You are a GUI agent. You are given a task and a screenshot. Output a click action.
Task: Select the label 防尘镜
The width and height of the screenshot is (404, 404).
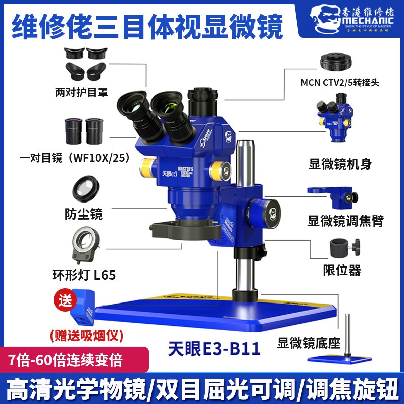coord(84,214)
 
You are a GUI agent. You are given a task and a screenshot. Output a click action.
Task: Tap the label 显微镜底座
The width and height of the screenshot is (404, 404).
coord(309,344)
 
